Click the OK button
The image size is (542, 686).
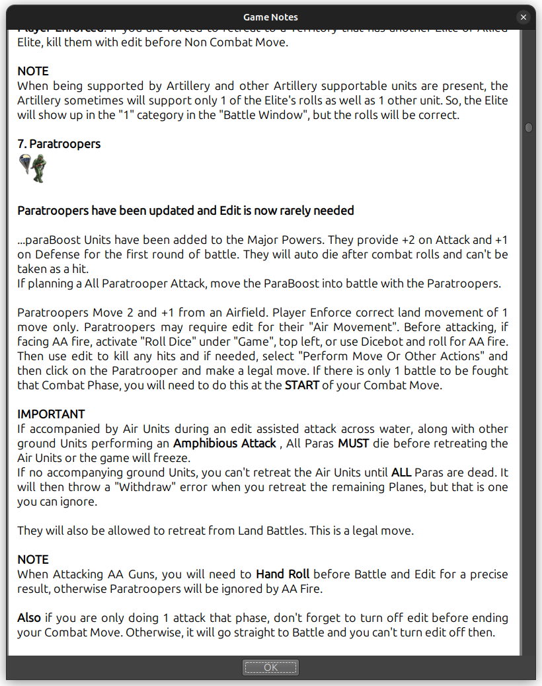pos(270,667)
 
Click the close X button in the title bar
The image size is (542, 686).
pos(523,17)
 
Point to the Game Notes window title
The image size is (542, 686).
pos(270,17)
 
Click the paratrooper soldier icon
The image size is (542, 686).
pos(33,169)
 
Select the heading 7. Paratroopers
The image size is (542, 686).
pos(59,143)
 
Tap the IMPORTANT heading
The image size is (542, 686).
pos(51,414)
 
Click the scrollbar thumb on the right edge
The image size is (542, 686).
pos(528,128)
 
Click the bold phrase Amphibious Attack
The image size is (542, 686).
pos(225,443)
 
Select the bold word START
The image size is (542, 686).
pos(301,385)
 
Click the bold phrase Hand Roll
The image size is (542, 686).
pos(282,574)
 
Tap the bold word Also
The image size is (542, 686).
pos(29,618)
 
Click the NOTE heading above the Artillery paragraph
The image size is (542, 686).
pos(33,71)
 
